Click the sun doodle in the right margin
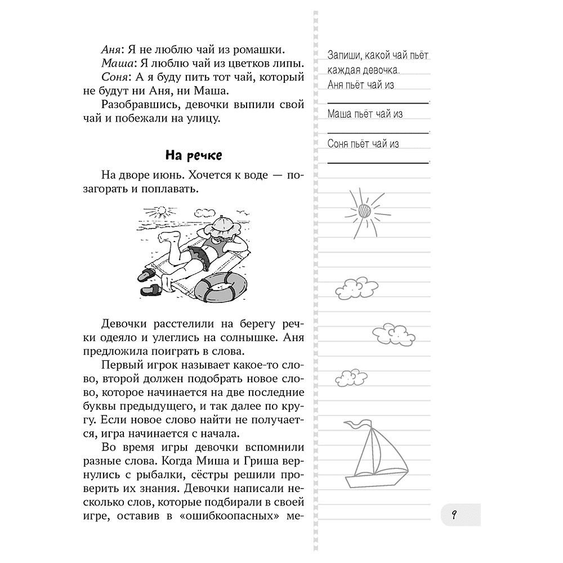[x=364, y=209]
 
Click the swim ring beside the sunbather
[x=220, y=287]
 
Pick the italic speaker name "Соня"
[x=115, y=76]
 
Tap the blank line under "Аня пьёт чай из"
[x=378, y=102]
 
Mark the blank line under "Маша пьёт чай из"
[x=378, y=132]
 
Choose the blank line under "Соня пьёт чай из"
[x=378, y=162]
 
